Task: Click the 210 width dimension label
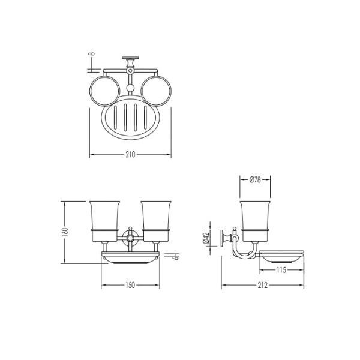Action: (130, 155)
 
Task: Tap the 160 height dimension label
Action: (65, 232)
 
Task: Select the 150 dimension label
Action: (130, 286)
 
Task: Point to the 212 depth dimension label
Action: (262, 286)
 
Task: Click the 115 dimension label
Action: (281, 270)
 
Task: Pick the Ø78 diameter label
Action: (255, 180)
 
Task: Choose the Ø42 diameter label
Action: (206, 238)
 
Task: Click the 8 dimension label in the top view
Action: (91, 54)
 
